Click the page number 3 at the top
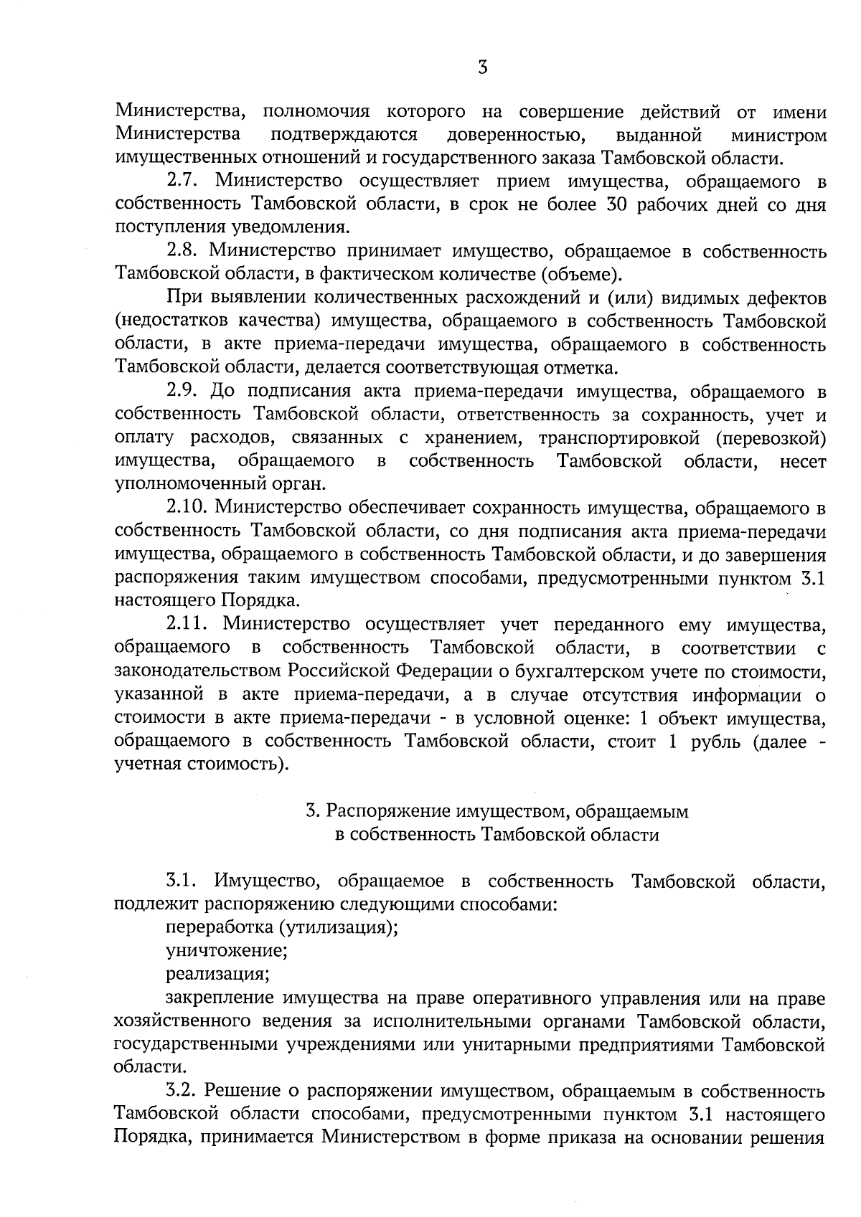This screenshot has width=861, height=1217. [483, 67]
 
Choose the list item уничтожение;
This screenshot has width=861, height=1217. [227, 952]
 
